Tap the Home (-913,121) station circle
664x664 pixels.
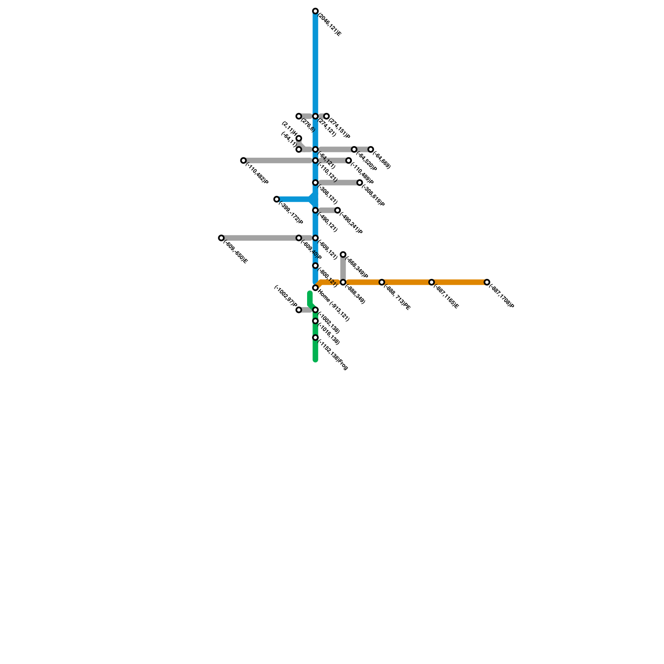click(315, 288)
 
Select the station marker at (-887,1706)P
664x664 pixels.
click(487, 283)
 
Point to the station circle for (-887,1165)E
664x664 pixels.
click(432, 283)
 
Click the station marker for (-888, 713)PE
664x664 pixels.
click(382, 283)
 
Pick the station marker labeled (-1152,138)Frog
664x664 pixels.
click(315, 338)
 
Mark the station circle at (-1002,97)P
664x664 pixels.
click(299, 310)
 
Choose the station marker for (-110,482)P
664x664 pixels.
click(244, 161)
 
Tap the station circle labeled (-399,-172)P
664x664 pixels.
click(276, 200)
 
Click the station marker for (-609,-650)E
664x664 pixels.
click(221, 238)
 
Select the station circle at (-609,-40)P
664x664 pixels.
click(299, 238)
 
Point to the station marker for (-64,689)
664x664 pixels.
click(371, 149)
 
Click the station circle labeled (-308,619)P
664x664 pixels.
click(360, 183)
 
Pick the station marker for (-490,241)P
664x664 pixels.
click(338, 211)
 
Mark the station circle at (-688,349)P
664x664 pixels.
click(343, 254)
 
